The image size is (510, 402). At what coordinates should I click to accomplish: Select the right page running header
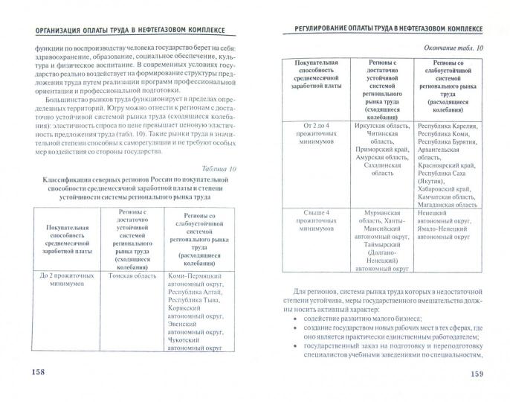tap(379, 29)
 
